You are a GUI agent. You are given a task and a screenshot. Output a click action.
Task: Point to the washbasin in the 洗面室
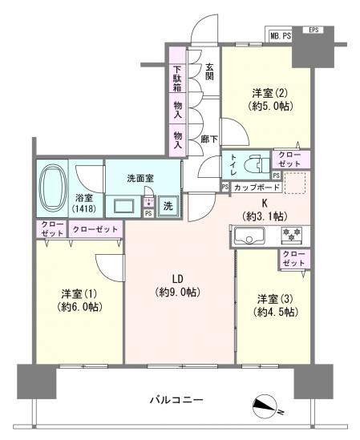pos(126,205)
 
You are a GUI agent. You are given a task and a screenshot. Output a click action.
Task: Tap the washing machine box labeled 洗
pos(168,204)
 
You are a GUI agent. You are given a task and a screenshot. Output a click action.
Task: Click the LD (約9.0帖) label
pos(178,287)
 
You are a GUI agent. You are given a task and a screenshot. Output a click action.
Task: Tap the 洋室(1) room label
pos(78,299)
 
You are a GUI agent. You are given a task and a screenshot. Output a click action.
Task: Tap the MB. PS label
pos(279,34)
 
